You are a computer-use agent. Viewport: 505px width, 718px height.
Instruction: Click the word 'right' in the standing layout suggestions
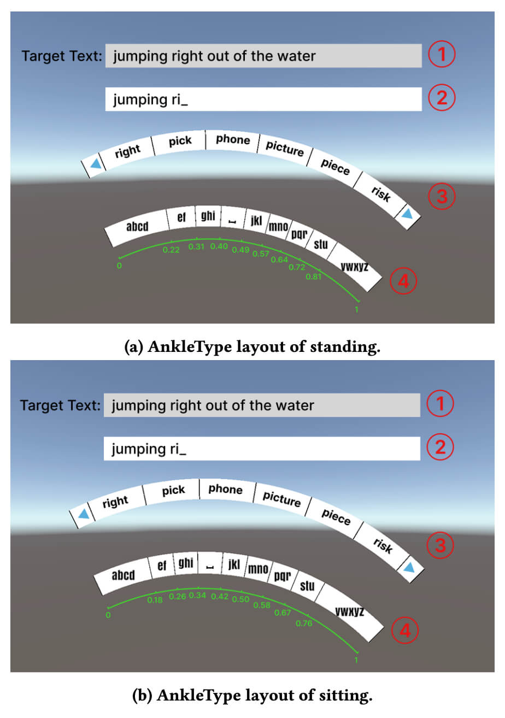pyautogui.click(x=127, y=151)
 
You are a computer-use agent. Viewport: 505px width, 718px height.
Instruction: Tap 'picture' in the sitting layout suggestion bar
pyautogui.click(x=281, y=498)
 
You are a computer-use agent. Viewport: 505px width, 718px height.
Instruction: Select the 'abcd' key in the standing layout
pyautogui.click(x=137, y=226)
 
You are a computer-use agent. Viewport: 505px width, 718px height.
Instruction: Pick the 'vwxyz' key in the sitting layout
pyautogui.click(x=349, y=611)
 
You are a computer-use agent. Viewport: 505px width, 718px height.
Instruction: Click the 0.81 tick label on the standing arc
pyautogui.click(x=314, y=276)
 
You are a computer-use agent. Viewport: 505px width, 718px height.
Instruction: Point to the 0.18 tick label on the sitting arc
pyautogui.click(x=155, y=600)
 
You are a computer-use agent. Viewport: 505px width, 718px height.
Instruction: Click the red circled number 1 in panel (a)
pyautogui.click(x=441, y=55)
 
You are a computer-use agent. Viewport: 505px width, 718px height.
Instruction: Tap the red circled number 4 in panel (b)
pyautogui.click(x=405, y=631)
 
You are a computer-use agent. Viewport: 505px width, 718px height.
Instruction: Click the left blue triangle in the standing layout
pyautogui.click(x=96, y=163)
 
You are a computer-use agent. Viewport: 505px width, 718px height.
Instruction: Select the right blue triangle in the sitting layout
pyautogui.click(x=409, y=568)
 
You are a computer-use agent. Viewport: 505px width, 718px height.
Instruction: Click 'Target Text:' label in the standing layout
pyautogui.click(x=61, y=56)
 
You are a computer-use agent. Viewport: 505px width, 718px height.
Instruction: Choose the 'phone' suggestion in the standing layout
pyautogui.click(x=233, y=139)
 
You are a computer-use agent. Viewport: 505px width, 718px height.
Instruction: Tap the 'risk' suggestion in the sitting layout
pyautogui.click(x=383, y=545)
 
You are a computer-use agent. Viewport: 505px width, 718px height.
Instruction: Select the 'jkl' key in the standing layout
pyautogui.click(x=256, y=221)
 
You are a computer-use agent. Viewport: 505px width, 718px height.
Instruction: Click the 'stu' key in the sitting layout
pyautogui.click(x=307, y=586)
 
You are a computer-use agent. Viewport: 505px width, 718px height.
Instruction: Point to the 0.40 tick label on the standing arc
pyautogui.click(x=219, y=246)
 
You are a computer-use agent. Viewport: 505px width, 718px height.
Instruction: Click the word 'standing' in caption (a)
pyautogui.click(x=344, y=348)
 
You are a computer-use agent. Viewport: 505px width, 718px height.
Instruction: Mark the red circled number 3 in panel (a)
pyautogui.click(x=441, y=197)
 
